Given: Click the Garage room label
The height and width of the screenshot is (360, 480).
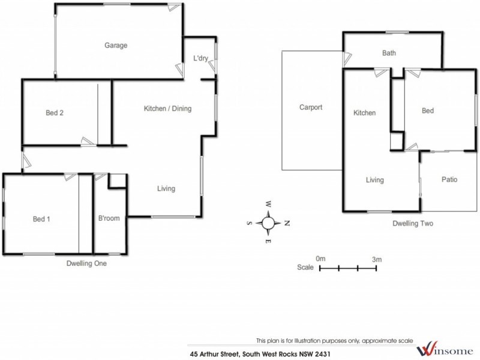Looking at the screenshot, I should pyautogui.click(x=116, y=45).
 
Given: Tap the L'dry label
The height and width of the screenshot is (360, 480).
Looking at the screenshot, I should pyautogui.click(x=200, y=59).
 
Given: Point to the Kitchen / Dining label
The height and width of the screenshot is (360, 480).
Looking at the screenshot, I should pyautogui.click(x=167, y=109).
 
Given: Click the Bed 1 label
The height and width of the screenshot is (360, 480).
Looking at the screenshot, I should pyautogui.click(x=41, y=219).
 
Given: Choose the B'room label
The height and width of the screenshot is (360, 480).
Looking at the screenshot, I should pyautogui.click(x=109, y=218).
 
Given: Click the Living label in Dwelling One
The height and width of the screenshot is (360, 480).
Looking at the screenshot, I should pyautogui.click(x=166, y=188).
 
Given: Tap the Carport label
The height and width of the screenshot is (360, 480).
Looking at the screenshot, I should pyautogui.click(x=311, y=108).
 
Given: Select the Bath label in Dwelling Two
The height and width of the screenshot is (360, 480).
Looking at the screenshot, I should pyautogui.click(x=389, y=53).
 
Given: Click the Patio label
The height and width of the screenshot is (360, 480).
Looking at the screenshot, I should pyautogui.click(x=450, y=179).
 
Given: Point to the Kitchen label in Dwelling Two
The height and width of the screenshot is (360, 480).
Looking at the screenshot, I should pyautogui.click(x=364, y=113).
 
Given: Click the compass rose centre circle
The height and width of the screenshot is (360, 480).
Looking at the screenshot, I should pyautogui.click(x=268, y=223).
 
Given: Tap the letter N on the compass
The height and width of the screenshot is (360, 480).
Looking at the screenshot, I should pyautogui.click(x=287, y=223).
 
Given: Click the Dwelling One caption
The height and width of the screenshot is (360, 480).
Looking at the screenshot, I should pyautogui.click(x=86, y=263).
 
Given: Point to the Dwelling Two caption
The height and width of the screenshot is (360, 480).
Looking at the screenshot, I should pyautogui.click(x=413, y=223).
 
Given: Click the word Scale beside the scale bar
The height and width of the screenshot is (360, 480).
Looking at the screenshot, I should pyautogui.click(x=305, y=268).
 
